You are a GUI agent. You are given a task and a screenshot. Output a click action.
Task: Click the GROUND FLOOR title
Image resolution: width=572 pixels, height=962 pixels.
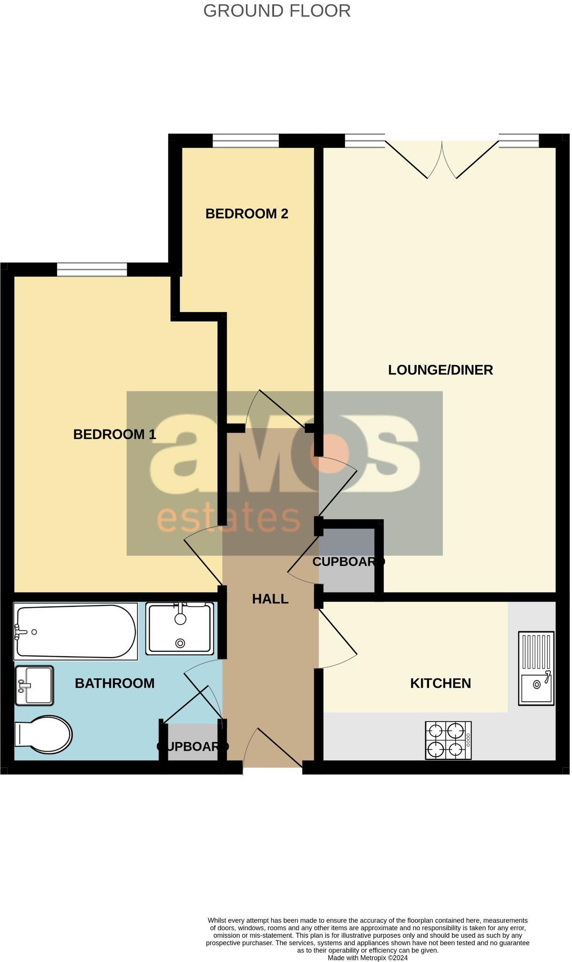coord(277,10)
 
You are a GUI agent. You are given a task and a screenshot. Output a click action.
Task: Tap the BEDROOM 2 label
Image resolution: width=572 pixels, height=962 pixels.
coord(246,213)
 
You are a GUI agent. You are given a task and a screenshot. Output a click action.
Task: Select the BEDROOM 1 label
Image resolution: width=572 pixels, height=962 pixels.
coord(114,434)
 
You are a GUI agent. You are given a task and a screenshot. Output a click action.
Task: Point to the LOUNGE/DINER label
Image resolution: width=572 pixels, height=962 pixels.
coord(440,370)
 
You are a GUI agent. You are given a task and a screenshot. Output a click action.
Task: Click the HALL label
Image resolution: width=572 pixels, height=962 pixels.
coord(270,599)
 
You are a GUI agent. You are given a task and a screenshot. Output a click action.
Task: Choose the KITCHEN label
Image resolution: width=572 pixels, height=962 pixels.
coord(440,683)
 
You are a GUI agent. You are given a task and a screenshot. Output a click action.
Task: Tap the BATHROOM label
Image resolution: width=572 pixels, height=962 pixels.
coord(114,683)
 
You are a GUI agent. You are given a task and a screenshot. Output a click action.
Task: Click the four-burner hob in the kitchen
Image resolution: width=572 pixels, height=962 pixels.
coord(448,740)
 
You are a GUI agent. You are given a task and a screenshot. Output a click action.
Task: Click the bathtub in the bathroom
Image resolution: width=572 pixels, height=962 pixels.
coord(75,631)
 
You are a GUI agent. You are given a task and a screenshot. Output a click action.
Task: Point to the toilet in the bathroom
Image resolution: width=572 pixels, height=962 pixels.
coord(43,734)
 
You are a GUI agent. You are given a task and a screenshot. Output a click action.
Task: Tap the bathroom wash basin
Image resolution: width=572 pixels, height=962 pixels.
coord(34,685)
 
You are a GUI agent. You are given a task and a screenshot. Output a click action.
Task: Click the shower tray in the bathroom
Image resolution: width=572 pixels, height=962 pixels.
coord(180,628)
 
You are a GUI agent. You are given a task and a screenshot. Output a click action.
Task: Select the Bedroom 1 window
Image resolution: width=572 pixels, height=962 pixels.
coord(92,270)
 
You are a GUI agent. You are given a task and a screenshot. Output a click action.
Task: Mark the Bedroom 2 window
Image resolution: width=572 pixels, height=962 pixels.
coord(245,141)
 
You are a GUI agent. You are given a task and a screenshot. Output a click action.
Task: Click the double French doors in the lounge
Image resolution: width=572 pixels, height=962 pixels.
coord(442,160)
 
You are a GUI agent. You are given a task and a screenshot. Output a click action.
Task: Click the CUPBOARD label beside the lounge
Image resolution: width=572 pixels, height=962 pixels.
coord(348,562)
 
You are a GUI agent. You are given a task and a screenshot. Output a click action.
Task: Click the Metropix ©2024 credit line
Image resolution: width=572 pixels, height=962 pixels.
coord(368,957)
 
